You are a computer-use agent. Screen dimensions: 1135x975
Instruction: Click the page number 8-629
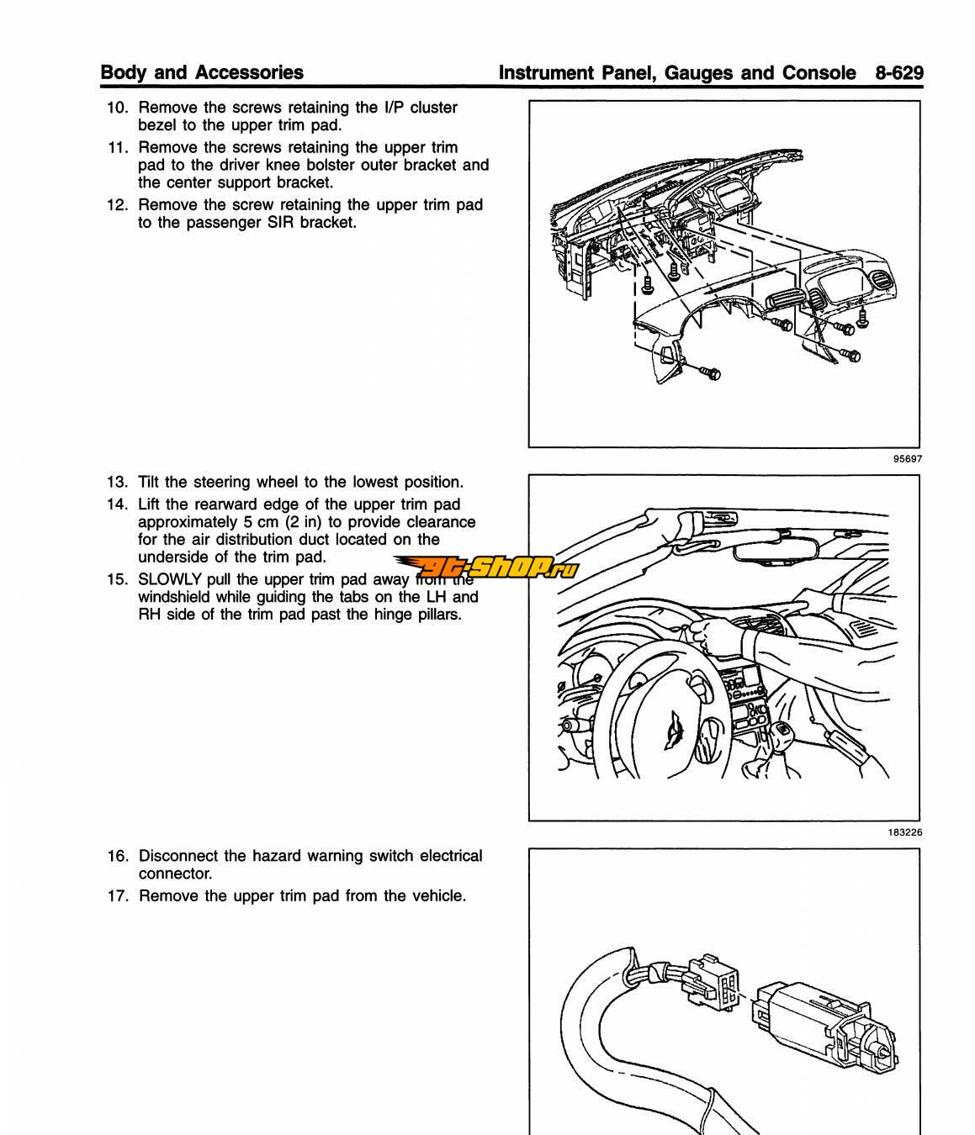tap(898, 72)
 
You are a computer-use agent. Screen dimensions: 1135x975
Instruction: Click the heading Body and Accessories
tap(202, 72)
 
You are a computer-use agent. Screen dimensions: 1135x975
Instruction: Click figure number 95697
tap(908, 459)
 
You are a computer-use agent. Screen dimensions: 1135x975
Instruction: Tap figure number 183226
tap(904, 832)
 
